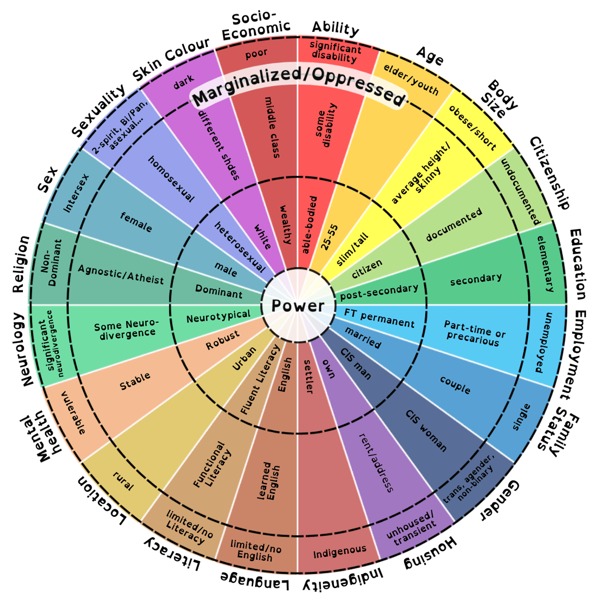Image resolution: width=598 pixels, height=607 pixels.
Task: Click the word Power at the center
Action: [x=298, y=306]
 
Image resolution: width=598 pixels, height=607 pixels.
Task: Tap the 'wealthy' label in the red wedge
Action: [x=285, y=224]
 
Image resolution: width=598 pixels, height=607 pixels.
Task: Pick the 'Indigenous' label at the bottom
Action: [x=340, y=551]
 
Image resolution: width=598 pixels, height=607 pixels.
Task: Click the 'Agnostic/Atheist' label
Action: [x=121, y=275]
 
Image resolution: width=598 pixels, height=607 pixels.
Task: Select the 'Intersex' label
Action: [x=76, y=194]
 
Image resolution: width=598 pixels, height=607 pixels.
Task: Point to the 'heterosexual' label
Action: [x=240, y=247]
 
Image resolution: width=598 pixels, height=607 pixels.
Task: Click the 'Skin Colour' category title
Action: [x=171, y=60]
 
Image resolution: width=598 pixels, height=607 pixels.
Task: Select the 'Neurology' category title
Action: [x=22, y=349]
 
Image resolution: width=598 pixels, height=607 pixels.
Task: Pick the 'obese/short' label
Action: [x=472, y=128]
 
